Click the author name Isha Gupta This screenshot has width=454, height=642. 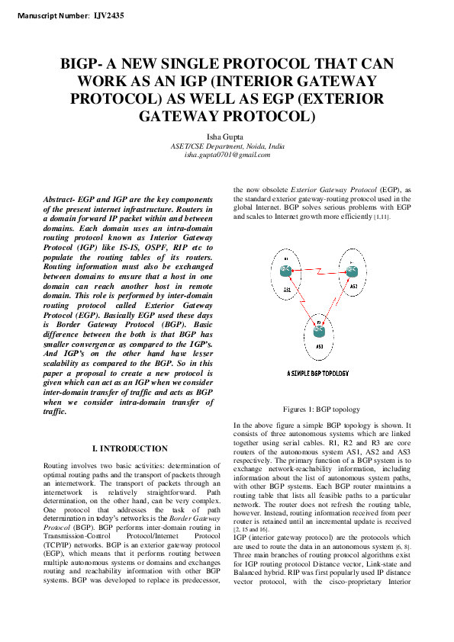(227, 136)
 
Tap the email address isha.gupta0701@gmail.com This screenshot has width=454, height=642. (227, 155)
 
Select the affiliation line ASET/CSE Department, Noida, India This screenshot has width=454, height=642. (227, 146)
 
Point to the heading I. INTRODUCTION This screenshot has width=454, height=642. (129, 448)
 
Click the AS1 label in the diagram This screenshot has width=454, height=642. (286, 290)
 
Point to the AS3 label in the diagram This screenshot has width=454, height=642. (319, 347)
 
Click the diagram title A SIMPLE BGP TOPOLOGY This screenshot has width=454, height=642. (318, 374)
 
